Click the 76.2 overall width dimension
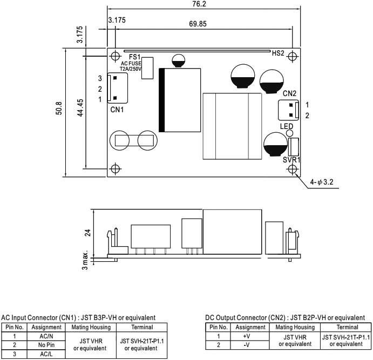199,4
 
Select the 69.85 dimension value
199,24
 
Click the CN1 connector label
117,110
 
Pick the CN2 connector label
290,93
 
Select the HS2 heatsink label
278,53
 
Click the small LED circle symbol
289,133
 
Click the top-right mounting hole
292,56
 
